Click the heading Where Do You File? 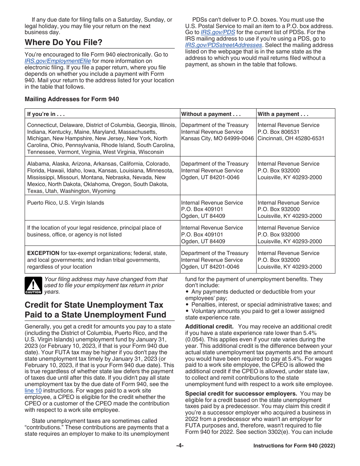63,42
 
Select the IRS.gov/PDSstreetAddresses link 224,45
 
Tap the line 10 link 33,391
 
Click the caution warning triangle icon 33,286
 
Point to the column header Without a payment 211,114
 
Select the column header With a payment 283,114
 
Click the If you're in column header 46,114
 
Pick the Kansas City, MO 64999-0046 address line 217,139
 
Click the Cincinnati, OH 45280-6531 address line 291,139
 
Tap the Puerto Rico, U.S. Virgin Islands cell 66,203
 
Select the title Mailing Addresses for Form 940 72,99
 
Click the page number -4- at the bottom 180,446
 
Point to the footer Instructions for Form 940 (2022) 294,446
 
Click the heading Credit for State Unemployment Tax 94,305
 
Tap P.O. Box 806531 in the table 278,132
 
